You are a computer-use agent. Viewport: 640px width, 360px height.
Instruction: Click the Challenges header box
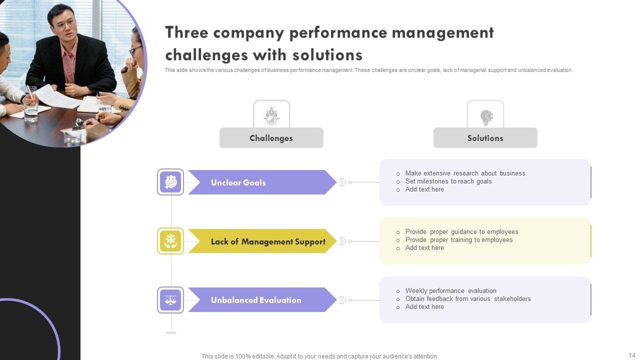click(x=271, y=138)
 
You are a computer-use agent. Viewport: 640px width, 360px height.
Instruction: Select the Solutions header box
click(x=485, y=138)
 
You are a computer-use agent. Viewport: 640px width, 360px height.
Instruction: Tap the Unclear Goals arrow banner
click(x=260, y=182)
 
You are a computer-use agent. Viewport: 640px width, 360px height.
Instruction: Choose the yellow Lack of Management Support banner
click(x=260, y=241)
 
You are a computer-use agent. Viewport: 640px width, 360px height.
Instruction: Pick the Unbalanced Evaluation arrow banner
click(x=260, y=300)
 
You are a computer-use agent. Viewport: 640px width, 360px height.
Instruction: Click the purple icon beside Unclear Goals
click(x=170, y=182)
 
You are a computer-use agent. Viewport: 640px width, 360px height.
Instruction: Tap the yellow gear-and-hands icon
click(x=170, y=241)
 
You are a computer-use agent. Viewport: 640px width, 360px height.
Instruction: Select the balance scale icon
click(x=170, y=300)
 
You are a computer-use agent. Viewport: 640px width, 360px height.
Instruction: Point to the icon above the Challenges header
click(x=271, y=116)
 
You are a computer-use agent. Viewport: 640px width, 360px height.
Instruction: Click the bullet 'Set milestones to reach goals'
click(x=448, y=181)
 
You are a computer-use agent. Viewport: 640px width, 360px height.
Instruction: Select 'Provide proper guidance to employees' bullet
click(x=461, y=232)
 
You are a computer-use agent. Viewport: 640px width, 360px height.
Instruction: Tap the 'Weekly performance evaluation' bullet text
click(x=450, y=291)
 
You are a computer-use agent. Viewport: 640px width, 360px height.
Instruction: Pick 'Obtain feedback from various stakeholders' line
click(x=468, y=299)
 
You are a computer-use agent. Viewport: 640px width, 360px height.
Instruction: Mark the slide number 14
click(x=632, y=355)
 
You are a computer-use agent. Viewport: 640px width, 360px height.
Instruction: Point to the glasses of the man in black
click(x=65, y=23)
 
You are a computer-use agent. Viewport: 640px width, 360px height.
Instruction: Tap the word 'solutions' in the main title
click(x=327, y=54)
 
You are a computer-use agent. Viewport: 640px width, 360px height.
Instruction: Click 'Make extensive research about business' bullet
click(x=465, y=173)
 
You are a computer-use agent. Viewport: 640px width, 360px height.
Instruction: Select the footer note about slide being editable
click(x=319, y=356)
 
